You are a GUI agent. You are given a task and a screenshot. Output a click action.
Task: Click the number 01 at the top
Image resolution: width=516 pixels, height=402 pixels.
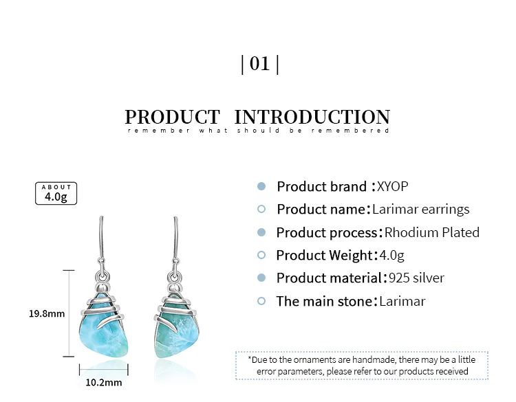pyautogui.click(x=259, y=64)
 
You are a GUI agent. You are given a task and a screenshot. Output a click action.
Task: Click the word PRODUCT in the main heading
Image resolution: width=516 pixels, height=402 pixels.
pyautogui.click(x=173, y=117)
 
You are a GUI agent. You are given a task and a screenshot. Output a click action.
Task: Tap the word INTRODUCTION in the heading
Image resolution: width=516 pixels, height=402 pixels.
pyautogui.click(x=312, y=117)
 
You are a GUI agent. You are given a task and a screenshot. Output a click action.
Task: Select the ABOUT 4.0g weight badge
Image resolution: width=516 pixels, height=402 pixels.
pyautogui.click(x=56, y=193)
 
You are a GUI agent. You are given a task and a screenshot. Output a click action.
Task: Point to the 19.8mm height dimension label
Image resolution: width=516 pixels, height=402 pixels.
pyautogui.click(x=47, y=313)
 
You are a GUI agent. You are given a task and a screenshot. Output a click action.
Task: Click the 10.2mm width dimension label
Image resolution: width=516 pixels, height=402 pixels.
pyautogui.click(x=104, y=383)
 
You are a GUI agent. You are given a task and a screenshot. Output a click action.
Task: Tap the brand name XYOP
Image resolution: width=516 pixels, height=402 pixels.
pyautogui.click(x=393, y=186)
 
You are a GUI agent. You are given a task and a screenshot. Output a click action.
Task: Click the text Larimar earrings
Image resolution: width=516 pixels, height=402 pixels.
pyautogui.click(x=421, y=210)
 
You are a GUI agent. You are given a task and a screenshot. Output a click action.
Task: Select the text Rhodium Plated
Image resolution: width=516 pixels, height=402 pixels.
pyautogui.click(x=432, y=232)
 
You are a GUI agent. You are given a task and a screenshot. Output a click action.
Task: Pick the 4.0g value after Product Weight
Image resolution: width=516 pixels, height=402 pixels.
pyautogui.click(x=391, y=256)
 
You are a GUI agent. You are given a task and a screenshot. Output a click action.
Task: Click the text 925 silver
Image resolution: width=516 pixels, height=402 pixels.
pyautogui.click(x=416, y=278)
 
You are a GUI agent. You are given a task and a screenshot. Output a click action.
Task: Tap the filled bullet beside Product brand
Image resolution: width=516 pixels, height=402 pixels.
pyautogui.click(x=261, y=186)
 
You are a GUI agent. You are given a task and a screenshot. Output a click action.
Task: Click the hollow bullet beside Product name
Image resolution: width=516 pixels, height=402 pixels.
pyautogui.click(x=261, y=209)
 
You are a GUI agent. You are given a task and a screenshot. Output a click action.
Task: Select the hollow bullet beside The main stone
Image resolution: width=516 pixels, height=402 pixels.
pyautogui.click(x=261, y=301)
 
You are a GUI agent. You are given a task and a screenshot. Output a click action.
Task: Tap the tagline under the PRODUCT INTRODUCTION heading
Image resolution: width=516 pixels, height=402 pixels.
pyautogui.click(x=258, y=131)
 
